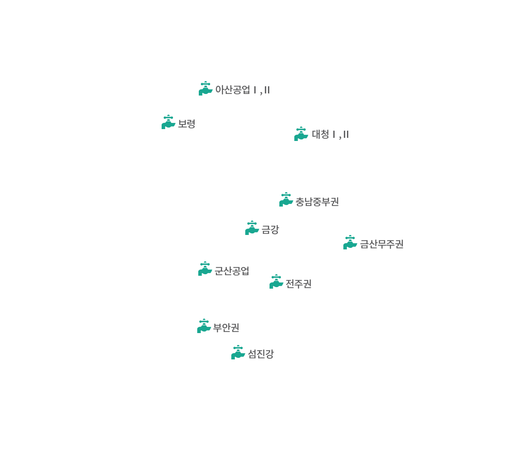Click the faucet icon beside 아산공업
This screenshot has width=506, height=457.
point(205,88)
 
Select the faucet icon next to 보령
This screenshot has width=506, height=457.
point(168,122)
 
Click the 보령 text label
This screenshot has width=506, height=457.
point(186,124)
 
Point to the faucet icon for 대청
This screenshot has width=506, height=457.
point(301,134)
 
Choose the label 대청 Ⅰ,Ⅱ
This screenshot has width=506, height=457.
point(330,135)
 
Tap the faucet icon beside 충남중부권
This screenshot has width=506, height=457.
point(286,199)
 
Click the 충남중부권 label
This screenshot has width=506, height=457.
point(317,201)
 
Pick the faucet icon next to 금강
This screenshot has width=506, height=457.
point(252,228)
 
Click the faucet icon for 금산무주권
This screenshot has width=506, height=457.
point(350,242)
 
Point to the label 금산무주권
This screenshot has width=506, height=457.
point(381,244)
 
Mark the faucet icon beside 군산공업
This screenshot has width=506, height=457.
point(205,269)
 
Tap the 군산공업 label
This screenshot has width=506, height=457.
point(231,271)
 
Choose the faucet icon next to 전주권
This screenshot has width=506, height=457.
point(276,281)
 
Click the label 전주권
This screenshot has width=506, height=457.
point(298,283)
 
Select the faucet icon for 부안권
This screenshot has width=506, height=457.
point(204,326)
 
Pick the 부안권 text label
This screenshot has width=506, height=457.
point(226,328)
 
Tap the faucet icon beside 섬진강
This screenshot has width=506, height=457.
point(238,352)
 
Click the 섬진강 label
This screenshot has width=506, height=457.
point(260,354)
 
